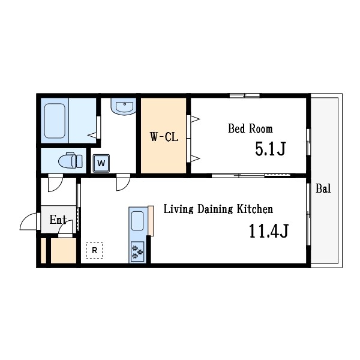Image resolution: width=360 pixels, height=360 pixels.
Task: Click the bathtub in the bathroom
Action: [55, 121]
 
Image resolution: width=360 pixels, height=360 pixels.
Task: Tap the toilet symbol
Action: [70, 160]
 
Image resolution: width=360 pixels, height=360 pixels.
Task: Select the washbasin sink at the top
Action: [124, 106]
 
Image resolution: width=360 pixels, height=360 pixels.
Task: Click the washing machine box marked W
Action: [101, 163]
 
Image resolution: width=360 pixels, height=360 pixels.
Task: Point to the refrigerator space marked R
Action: [94, 250]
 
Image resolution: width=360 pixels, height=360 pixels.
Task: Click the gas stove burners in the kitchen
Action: [137, 251]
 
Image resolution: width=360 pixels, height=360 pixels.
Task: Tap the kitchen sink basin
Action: [137, 221]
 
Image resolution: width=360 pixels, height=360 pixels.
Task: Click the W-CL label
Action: [164, 137]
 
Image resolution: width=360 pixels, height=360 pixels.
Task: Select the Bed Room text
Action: [250, 128]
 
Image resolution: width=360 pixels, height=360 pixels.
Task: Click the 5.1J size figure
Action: [271, 149]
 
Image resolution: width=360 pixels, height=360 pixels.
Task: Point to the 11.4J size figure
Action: [269, 231]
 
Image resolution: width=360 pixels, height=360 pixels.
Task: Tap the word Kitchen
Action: [255, 209]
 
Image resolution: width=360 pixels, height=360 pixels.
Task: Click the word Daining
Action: [215, 209]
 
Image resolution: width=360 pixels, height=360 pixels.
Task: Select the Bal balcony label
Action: [323, 188]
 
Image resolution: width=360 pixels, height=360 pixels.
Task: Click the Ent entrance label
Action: [58, 220]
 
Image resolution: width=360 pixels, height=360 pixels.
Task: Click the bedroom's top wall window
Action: [245, 95]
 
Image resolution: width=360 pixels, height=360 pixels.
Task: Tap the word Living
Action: [178, 209]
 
